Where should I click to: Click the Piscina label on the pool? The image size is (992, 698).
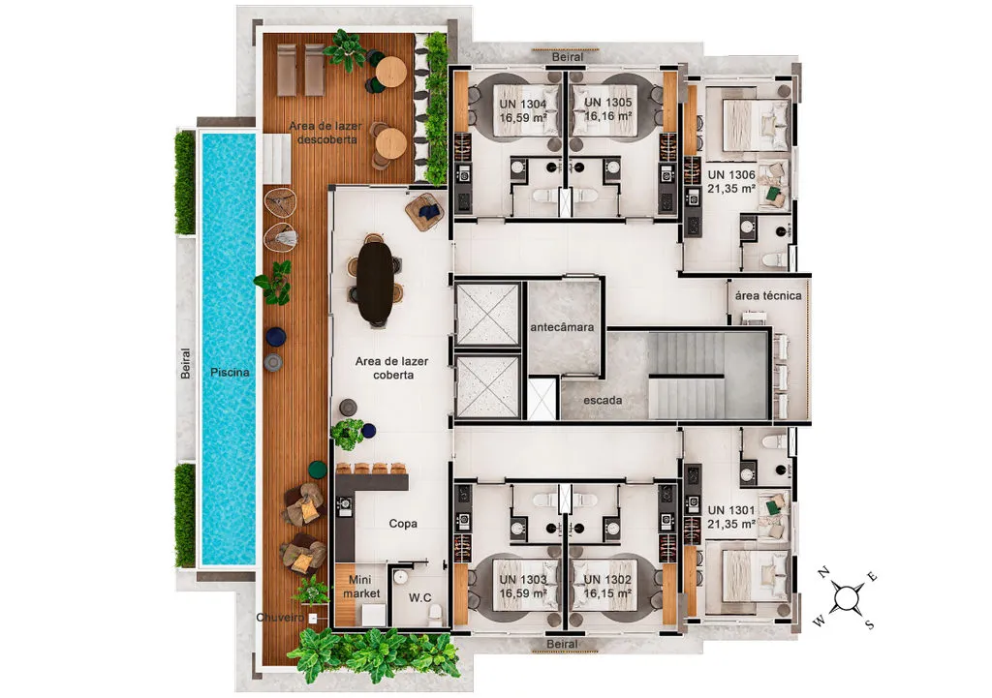[x=230, y=373]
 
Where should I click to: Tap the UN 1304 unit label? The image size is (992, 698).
[x=522, y=104]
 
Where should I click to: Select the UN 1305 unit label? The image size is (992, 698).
[x=608, y=103]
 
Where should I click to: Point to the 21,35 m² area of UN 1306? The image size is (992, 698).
[x=731, y=189]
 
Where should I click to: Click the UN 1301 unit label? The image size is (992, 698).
[x=731, y=510]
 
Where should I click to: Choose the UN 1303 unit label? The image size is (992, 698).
[x=522, y=580]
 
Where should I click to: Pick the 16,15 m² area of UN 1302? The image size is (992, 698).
[x=608, y=593]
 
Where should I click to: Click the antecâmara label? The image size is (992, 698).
[x=562, y=327]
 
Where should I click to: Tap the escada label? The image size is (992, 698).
[x=603, y=400]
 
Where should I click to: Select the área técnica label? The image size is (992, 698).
[x=768, y=295]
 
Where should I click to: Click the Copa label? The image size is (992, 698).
[x=403, y=524]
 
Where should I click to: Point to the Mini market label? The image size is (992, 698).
[x=361, y=587]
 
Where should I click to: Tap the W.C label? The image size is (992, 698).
[x=420, y=597]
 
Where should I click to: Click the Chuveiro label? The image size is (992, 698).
[x=280, y=618]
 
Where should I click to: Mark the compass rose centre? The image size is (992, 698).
[x=845, y=598]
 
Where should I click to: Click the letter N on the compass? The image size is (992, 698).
[x=823, y=573]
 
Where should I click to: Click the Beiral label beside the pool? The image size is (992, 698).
[x=185, y=364]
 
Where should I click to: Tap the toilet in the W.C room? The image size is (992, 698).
[x=435, y=613]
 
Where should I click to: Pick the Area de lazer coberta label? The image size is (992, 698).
[x=392, y=368]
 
